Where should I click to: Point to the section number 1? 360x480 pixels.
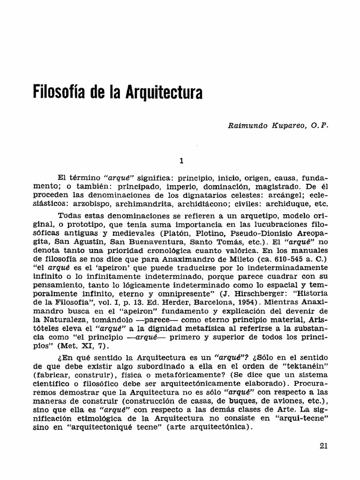181,161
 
